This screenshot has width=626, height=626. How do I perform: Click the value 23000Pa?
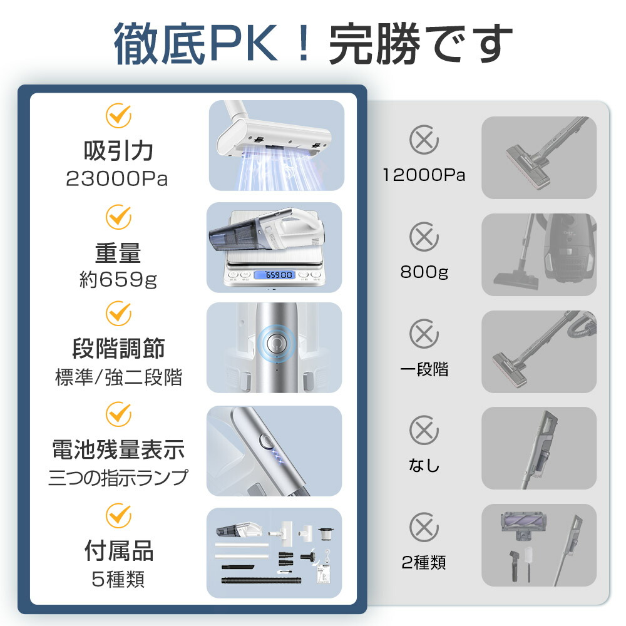117,179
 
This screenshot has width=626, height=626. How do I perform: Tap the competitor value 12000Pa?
424,175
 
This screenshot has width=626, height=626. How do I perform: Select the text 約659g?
117,279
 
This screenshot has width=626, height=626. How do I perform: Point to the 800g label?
424,272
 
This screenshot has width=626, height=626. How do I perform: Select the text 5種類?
118,579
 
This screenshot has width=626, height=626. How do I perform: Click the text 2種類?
424,563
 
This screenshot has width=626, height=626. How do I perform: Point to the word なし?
424,466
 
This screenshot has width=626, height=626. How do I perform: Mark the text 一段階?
424,369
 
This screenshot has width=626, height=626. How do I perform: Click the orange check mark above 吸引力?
118,116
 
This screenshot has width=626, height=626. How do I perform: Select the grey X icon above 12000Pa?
424,140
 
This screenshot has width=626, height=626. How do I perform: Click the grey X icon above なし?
424,430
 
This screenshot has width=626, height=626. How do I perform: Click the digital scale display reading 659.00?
274,275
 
